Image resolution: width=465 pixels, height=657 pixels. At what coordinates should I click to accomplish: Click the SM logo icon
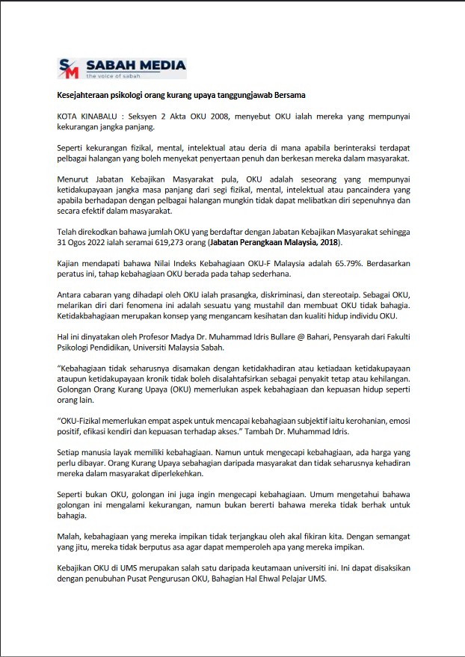69,69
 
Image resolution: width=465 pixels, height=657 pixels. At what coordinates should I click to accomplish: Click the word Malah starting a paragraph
69,536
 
